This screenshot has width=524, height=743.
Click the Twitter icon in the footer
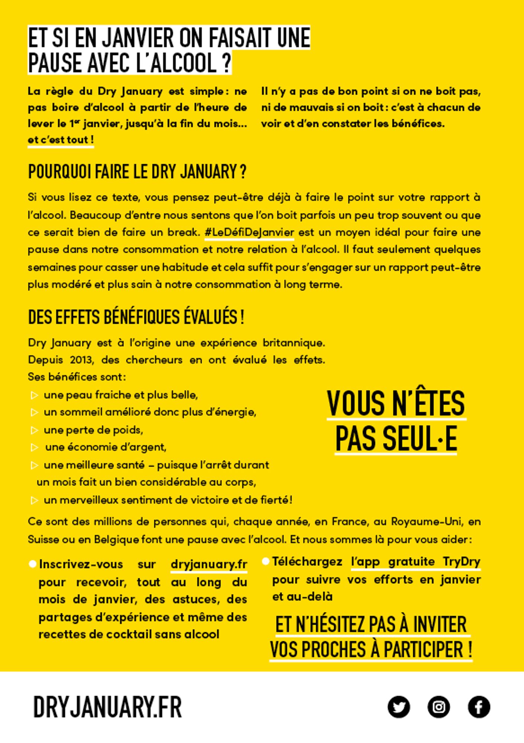[399, 707]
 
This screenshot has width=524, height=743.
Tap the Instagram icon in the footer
[439, 707]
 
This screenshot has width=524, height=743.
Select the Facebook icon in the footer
[479, 707]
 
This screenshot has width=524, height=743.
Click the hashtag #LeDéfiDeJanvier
[249, 233]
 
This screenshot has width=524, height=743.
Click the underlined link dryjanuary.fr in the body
[209, 564]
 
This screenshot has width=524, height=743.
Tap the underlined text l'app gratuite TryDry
[415, 561]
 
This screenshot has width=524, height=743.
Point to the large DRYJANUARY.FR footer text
[108, 707]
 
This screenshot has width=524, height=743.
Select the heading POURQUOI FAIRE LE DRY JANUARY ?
[137, 172]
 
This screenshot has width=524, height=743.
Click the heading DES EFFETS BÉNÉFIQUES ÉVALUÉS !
[136, 317]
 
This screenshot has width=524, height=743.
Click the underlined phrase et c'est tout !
[61, 140]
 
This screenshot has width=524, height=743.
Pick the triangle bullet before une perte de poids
[34, 430]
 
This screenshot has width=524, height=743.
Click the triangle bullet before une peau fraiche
[34, 395]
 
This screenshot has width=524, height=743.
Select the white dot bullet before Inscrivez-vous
[32, 564]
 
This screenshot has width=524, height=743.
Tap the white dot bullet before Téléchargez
[265, 561]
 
